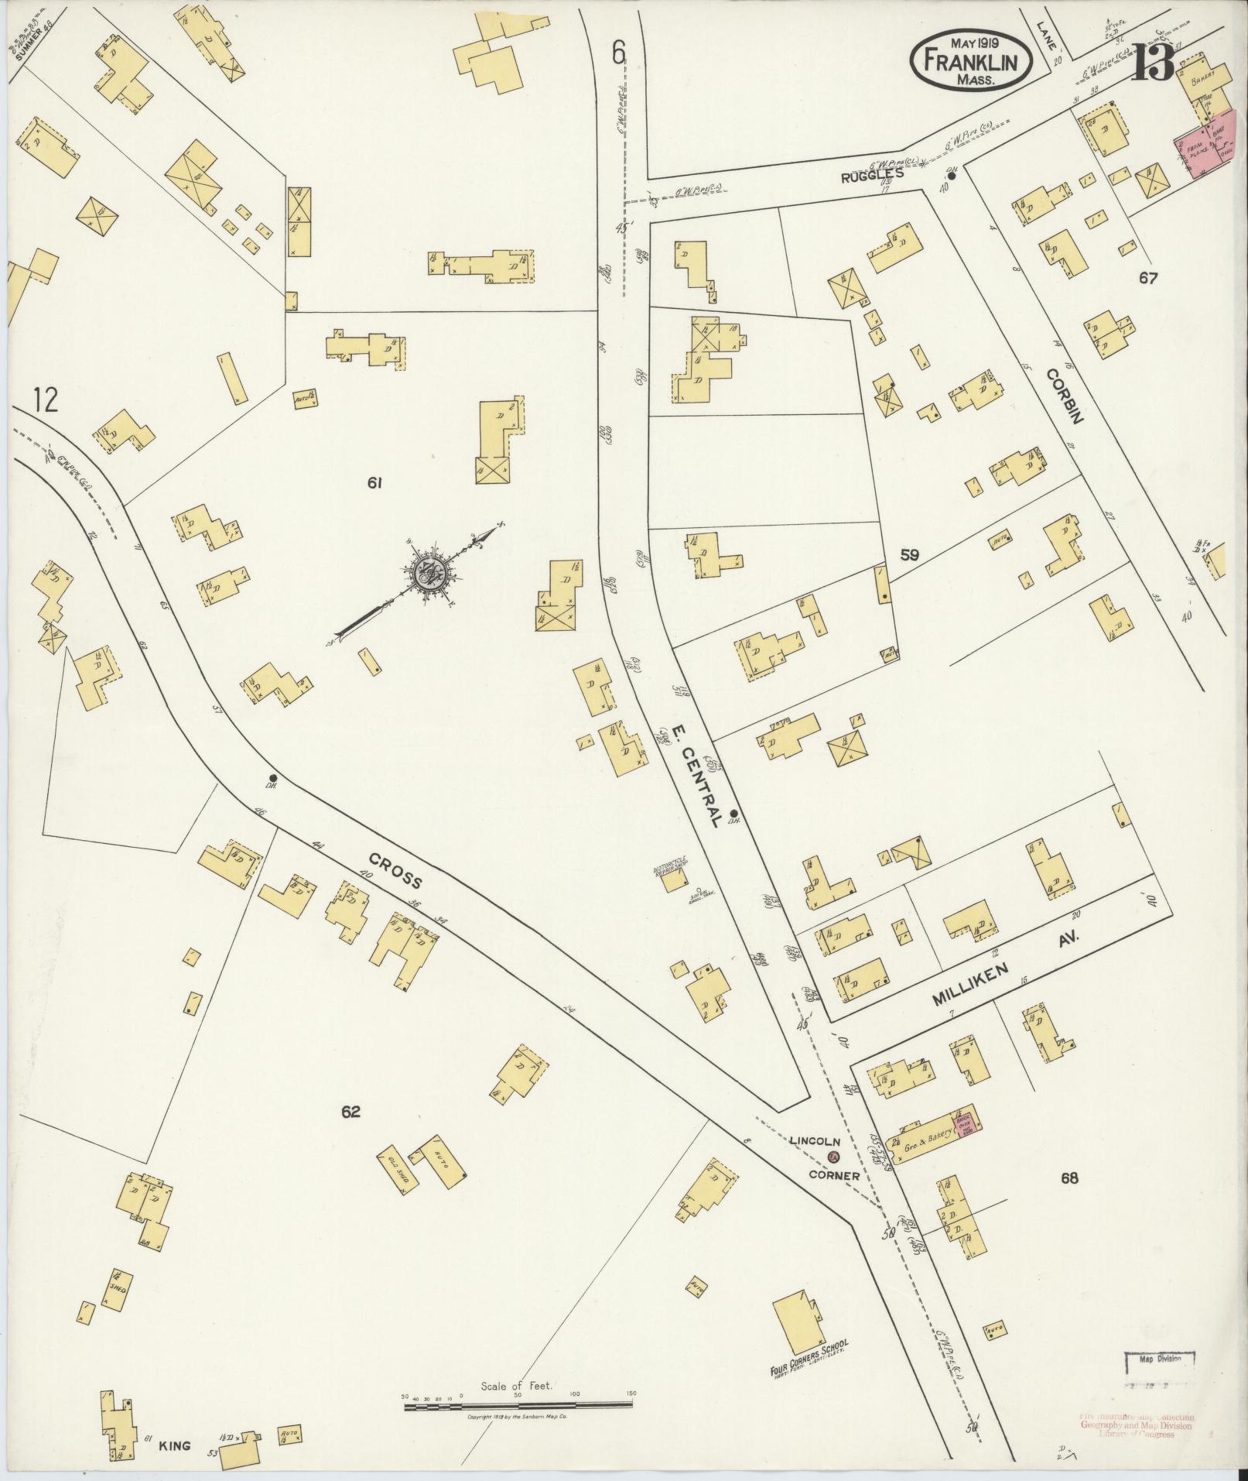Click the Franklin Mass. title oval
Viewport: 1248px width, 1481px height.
tap(973, 60)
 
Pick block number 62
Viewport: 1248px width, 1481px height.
tap(350, 1112)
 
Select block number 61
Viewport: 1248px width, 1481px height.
tap(376, 483)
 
